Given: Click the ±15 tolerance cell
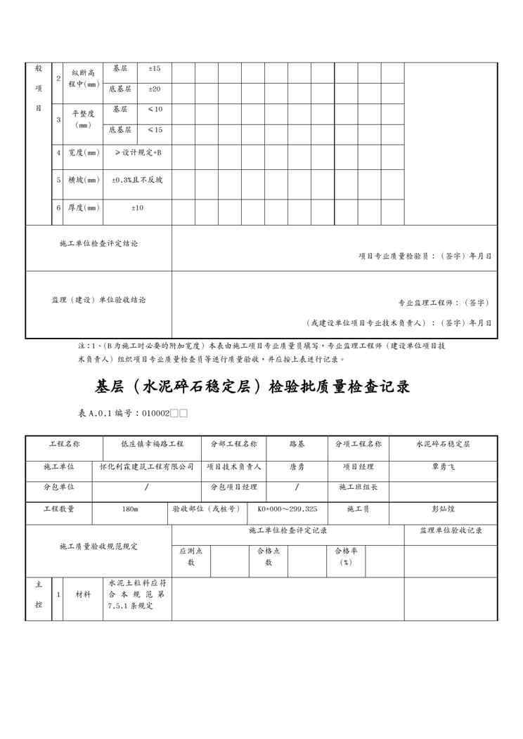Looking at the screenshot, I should tap(155, 69).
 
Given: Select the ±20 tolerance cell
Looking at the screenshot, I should tap(155, 89).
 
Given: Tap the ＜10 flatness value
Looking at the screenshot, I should tap(155, 110).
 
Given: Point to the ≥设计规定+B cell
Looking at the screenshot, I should tap(138, 152).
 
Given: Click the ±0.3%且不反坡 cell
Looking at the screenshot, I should tap(138, 180).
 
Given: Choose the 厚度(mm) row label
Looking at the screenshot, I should tap(84, 207).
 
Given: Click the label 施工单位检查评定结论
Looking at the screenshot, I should tap(99, 244).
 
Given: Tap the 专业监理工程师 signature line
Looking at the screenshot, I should tap(444, 303).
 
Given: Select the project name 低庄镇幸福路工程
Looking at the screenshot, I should tap(153, 445).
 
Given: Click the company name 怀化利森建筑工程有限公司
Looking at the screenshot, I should tap(147, 466).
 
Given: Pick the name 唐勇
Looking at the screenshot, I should tap(297, 466).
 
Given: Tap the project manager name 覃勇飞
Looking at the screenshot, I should tap(443, 466).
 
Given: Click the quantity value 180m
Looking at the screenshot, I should tap(130, 509).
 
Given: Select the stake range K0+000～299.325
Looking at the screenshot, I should tap(287, 509).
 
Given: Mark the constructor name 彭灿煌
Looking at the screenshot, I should tap(443, 509).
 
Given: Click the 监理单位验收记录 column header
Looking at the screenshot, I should tap(451, 531).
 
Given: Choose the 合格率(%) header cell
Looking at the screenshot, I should tap(346, 557).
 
